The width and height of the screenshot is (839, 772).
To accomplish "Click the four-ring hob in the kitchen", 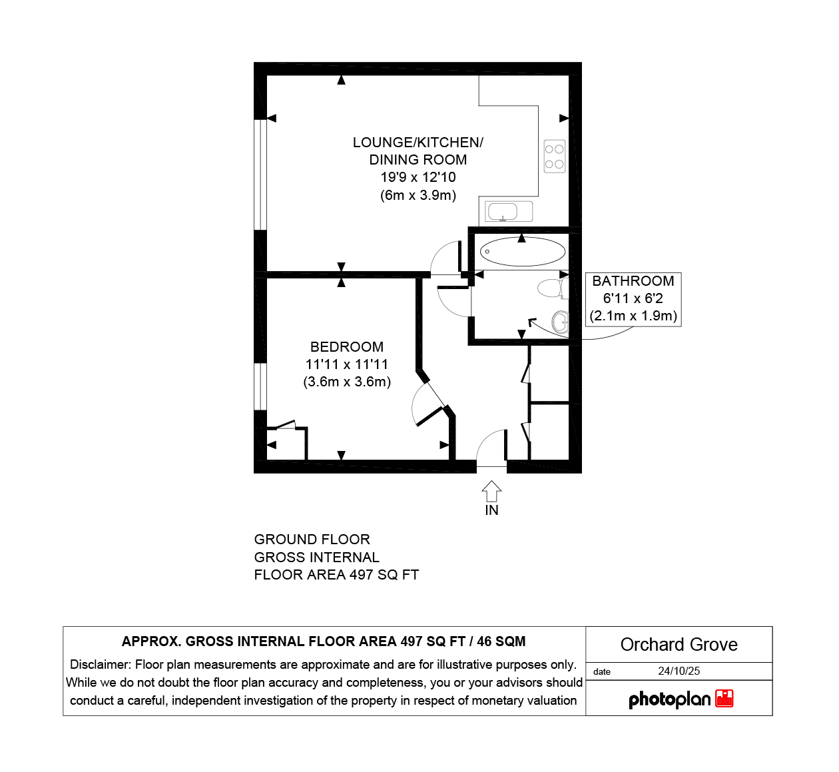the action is (555, 157).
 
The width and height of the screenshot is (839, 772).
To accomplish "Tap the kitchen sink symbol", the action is (509, 211).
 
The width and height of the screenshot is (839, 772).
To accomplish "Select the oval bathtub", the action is (523, 252).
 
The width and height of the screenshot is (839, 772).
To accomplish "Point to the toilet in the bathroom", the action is (553, 288).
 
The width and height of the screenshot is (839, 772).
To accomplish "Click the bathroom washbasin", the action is (560, 322).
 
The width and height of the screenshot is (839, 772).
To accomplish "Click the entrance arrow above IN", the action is (491, 491).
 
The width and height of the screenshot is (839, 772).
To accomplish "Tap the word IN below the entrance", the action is (491, 510).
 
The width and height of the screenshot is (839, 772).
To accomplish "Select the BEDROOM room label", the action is (347, 347).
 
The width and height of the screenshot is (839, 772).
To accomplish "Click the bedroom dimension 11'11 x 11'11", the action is (347, 364).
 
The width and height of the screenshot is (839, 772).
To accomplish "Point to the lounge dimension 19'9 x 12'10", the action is (418, 177).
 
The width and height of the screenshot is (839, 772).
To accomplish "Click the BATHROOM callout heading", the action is (633, 281).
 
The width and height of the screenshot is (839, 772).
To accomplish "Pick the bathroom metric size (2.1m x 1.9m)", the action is (633, 316).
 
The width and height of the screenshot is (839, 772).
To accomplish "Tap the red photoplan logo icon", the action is (724, 698).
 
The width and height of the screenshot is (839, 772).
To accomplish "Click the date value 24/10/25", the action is (679, 671).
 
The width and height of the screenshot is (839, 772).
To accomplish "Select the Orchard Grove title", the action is (679, 644).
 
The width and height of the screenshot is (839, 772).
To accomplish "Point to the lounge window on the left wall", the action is (260, 175).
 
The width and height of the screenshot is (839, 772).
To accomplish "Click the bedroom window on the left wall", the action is (260, 386).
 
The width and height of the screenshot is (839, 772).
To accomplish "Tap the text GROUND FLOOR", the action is (312, 540).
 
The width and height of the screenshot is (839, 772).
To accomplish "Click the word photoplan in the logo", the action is (670, 699).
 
